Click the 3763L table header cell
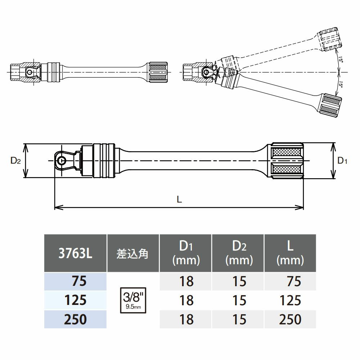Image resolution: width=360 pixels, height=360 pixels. tap(75, 253)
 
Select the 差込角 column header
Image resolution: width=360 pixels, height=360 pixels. tap(132, 253)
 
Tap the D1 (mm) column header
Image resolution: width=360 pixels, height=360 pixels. tap(186, 253)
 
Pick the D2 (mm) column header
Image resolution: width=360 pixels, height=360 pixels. tap(238, 253)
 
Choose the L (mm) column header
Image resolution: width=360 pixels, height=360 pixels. tap(290, 253)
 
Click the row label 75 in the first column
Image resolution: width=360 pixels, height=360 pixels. tap(79, 281)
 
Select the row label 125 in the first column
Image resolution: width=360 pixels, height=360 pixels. tap(75, 300)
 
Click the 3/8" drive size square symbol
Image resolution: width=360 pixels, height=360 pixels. tap(133, 300)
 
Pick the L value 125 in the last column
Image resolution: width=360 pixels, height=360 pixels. tap(291, 300)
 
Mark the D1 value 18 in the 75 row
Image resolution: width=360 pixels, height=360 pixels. tap(186, 281)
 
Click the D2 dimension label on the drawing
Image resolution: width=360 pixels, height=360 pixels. tap(15, 161)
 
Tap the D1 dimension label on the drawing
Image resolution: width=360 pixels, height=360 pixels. tap(342, 161)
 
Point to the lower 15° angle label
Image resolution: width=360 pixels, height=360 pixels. tap(340, 85)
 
